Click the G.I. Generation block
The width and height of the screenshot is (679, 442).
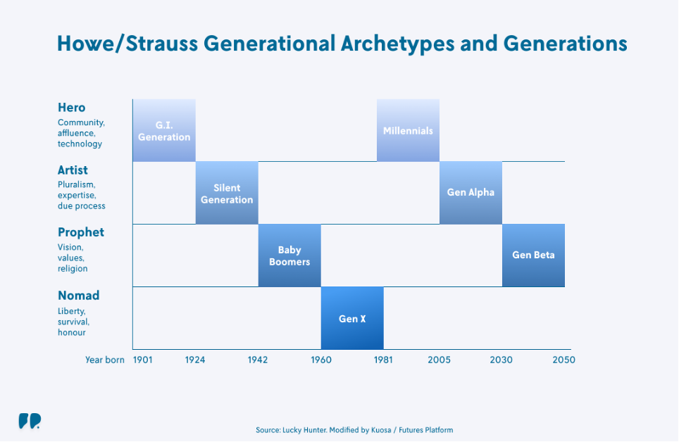point(164,130)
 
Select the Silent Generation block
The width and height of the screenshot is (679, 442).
point(227,193)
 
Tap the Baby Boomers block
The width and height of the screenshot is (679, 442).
point(289,255)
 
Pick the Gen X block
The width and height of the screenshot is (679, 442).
point(352,317)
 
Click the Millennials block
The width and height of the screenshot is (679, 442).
point(408,130)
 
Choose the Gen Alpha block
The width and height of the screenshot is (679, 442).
point(471,193)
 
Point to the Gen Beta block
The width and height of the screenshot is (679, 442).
point(533,255)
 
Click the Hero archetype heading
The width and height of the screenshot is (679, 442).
point(71,108)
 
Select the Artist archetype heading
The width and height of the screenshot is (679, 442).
point(73,170)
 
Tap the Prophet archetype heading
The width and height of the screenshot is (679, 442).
point(81,232)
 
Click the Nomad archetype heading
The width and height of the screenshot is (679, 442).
point(79,295)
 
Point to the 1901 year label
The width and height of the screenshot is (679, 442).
point(142,360)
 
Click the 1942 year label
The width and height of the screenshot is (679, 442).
point(258,360)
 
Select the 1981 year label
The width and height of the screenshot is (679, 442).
point(383,360)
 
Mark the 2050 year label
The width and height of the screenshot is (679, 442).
point(563,360)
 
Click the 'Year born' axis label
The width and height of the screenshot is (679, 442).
point(105,360)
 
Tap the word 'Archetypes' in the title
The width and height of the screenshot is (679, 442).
point(397,44)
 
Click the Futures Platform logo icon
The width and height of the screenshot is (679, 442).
point(30,421)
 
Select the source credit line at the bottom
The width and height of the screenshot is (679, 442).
point(354,430)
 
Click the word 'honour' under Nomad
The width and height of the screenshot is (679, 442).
point(72,332)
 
